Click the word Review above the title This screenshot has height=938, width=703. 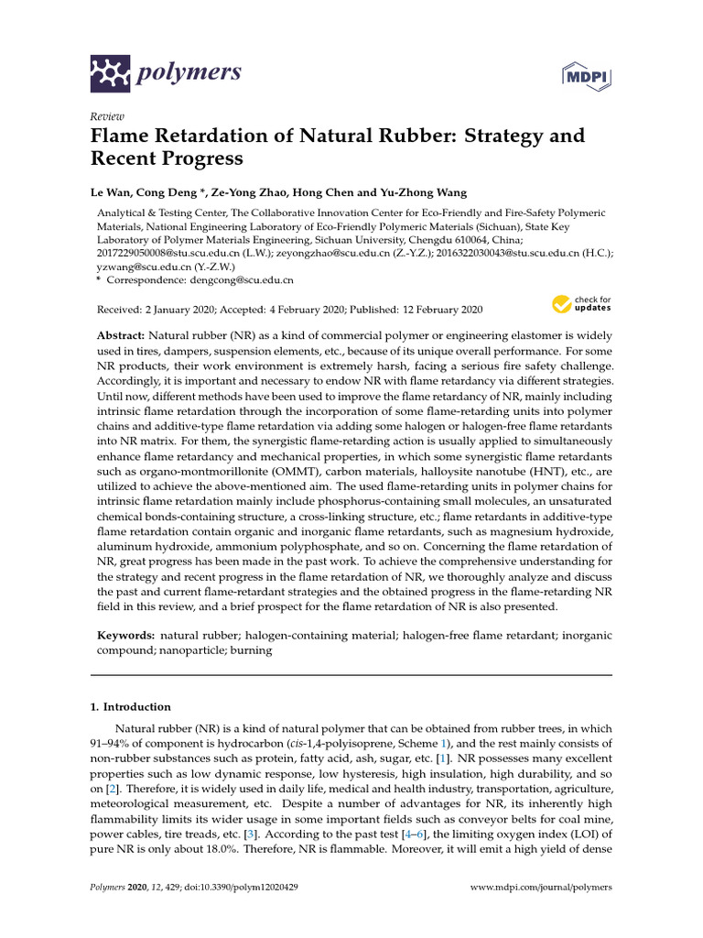pos(108,117)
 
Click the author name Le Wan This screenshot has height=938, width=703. pos(113,192)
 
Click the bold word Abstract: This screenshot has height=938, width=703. pos(121,337)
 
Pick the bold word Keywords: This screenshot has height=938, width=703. pos(125,634)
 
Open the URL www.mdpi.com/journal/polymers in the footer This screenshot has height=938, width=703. pos(540,888)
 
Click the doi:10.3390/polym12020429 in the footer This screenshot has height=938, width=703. pos(250,888)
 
